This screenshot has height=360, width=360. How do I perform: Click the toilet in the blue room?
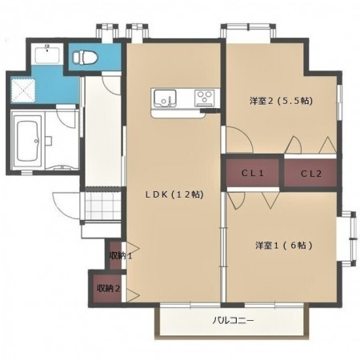coord(86,57)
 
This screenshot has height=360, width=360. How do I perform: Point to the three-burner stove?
coord(205,98)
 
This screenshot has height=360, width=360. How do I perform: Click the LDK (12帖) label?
coord(174,194)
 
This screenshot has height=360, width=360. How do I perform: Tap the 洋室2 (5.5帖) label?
coord(281,101)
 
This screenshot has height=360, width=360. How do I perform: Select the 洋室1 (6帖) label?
coord(284,245)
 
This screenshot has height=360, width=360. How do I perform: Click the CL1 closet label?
coord(253,173)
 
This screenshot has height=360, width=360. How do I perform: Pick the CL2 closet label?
coord(311,174)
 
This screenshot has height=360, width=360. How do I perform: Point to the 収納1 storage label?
coord(121,256)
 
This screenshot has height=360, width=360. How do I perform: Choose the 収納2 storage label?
coord(109,288)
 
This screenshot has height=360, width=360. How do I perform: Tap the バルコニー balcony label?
coord(233,320)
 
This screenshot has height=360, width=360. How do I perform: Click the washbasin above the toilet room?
coord(47,54)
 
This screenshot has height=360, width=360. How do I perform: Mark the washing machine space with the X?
coord(23,90)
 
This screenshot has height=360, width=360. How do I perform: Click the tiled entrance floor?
coord(103,206)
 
